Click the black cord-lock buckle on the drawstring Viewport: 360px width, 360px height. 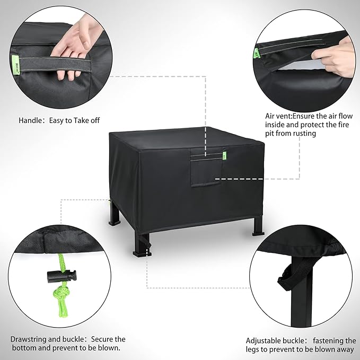62,276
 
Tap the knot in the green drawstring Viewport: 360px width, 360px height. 60,293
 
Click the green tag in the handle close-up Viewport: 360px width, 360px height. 15,65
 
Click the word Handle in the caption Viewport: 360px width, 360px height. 29,120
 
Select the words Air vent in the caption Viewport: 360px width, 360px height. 278,116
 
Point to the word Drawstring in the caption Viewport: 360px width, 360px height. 29,339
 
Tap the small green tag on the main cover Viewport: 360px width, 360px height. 224,156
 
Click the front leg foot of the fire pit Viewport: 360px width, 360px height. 142,253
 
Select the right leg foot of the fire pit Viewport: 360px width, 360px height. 258,234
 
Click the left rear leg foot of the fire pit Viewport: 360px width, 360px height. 115,223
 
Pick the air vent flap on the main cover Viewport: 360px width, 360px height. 206,169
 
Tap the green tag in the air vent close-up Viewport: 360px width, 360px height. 257,54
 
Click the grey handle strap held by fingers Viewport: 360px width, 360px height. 55,64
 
